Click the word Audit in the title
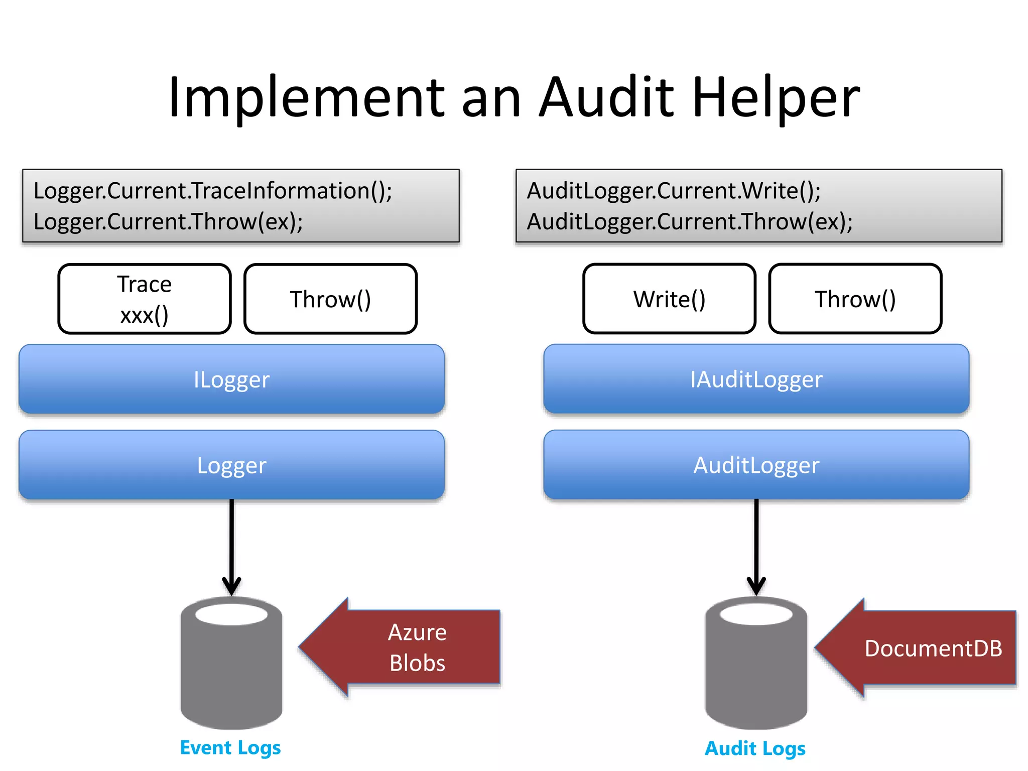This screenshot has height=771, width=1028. click(x=607, y=98)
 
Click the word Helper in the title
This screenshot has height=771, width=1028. click(x=776, y=98)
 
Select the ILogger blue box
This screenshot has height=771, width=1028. click(x=231, y=379)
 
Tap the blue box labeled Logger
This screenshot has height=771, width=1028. click(x=231, y=465)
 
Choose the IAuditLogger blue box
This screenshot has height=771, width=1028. click(x=756, y=379)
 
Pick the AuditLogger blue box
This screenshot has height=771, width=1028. click(x=756, y=465)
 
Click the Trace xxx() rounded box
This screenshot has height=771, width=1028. click(x=145, y=299)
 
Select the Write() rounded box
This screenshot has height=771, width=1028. click(x=669, y=299)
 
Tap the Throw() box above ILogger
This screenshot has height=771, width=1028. click(x=330, y=299)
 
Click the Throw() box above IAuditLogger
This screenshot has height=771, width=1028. click(x=855, y=299)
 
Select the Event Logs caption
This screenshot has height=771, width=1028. click(x=230, y=748)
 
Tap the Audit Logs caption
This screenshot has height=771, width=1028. click(x=755, y=748)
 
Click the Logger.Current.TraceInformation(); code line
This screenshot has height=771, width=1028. click(x=213, y=191)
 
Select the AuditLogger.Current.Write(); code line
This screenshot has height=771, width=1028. click(x=674, y=191)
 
